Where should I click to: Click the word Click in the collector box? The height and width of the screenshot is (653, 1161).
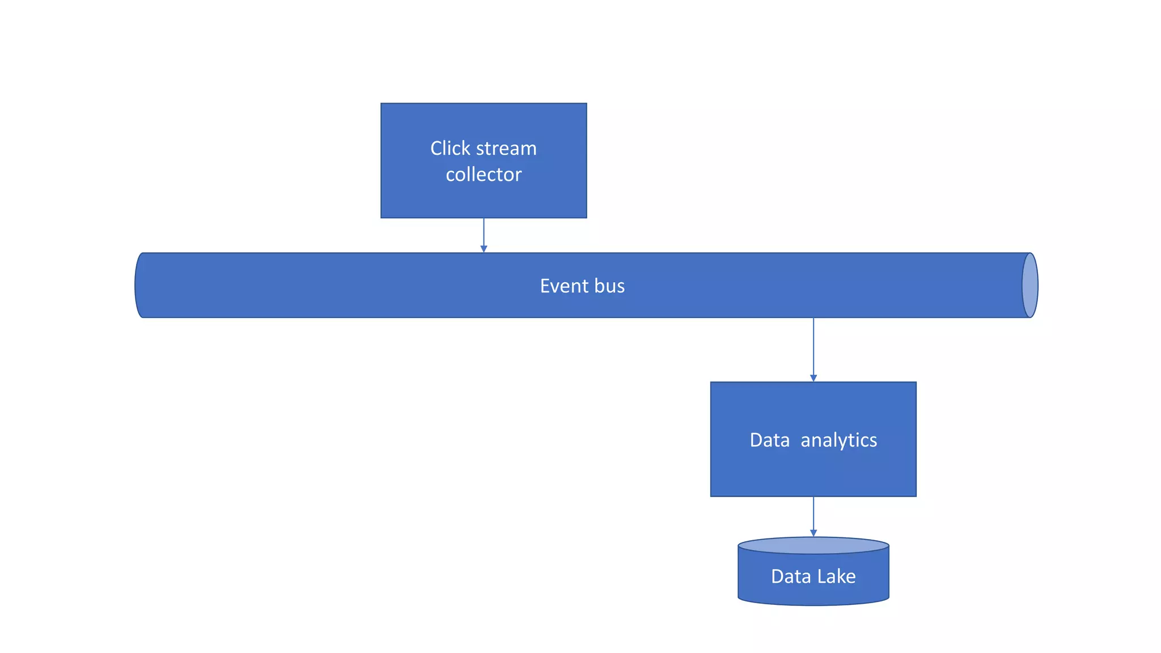pyautogui.click(x=450, y=149)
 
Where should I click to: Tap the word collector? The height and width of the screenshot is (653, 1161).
pyautogui.click(x=484, y=175)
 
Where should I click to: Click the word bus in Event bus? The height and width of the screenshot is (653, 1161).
pyautogui.click(x=609, y=286)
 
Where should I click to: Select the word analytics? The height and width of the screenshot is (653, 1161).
pyautogui.click(x=838, y=440)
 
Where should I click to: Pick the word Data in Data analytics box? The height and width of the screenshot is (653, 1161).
pyautogui.click(x=769, y=440)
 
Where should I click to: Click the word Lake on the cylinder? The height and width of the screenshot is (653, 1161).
pyautogui.click(x=836, y=576)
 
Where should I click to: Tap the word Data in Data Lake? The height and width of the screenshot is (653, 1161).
pyautogui.click(x=791, y=576)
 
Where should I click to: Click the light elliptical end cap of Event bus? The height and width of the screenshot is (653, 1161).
pyautogui.click(x=1030, y=285)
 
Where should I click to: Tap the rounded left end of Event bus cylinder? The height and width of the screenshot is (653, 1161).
pyautogui.click(x=139, y=285)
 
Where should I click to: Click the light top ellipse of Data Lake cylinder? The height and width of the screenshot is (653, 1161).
pyautogui.click(x=813, y=546)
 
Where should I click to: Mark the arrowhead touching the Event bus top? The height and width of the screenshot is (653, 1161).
pyautogui.click(x=484, y=249)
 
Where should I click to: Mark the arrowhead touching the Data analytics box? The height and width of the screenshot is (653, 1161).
pyautogui.click(x=813, y=378)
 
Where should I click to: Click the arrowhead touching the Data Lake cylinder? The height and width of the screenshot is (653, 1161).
pyautogui.click(x=813, y=533)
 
